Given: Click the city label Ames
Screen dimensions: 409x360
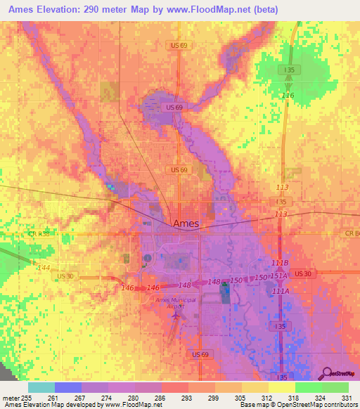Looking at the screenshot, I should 186,223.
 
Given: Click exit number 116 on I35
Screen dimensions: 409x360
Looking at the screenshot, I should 287,95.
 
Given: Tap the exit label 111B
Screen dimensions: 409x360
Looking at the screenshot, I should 279,262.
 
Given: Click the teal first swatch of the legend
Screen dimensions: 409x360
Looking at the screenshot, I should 41,387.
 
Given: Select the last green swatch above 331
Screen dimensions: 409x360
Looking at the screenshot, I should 335,387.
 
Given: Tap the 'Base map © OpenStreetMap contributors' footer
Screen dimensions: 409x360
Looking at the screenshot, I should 298,405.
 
